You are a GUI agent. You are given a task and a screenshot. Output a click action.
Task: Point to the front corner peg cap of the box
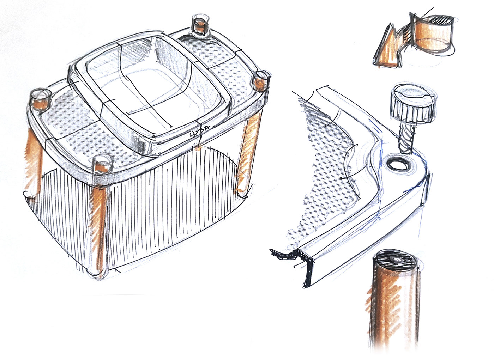(x=102, y=164)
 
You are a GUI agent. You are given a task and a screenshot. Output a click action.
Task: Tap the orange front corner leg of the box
(x=100, y=226)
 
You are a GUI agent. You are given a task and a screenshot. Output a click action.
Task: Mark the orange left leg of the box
(x=34, y=159)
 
